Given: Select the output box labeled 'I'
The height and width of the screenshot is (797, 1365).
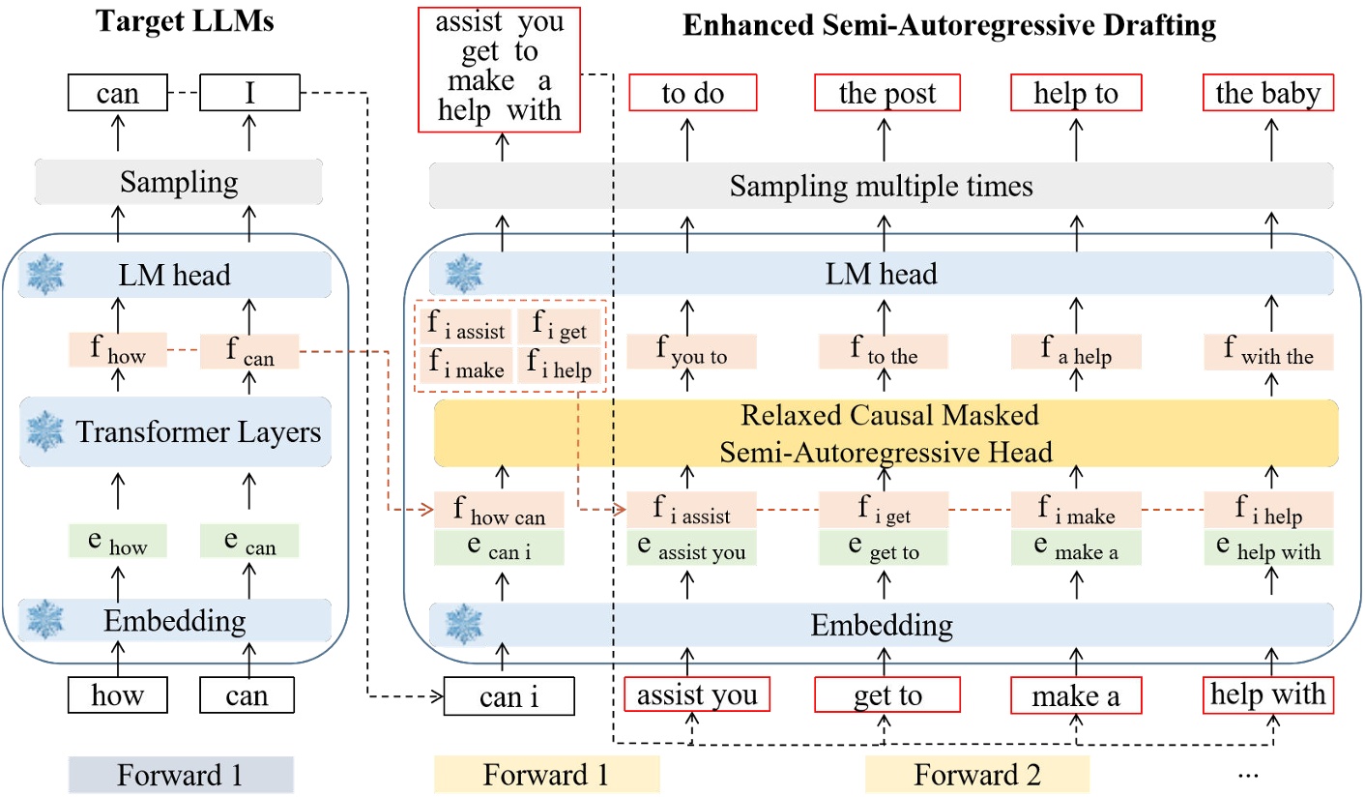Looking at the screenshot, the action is pyautogui.click(x=249, y=93).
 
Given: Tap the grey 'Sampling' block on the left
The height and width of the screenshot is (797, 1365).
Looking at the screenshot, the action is pyautogui.click(x=179, y=182).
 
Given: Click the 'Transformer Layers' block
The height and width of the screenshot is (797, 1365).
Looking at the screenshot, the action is pyautogui.click(x=176, y=431).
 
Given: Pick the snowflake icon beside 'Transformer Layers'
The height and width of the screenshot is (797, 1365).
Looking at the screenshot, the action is pyautogui.click(x=45, y=431).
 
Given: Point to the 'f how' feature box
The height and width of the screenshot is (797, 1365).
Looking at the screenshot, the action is pyautogui.click(x=118, y=350).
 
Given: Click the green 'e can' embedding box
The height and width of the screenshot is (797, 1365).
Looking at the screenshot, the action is pyautogui.click(x=249, y=542).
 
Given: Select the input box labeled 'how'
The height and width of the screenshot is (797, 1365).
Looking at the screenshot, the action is pyautogui.click(x=118, y=694).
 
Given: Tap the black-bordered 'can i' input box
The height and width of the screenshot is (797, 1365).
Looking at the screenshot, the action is pyautogui.click(x=508, y=695).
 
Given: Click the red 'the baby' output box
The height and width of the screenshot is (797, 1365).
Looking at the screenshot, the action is pyautogui.click(x=1268, y=93).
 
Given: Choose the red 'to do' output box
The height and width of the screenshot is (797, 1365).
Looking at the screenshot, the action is pyautogui.click(x=693, y=93).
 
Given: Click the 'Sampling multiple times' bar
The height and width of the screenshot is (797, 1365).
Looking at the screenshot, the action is pyautogui.click(x=881, y=186).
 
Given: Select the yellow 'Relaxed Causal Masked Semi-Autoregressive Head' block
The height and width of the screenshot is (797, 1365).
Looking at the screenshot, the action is pyautogui.click(x=886, y=433).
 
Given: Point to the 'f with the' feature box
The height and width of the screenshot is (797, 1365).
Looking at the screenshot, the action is pyautogui.click(x=1268, y=352).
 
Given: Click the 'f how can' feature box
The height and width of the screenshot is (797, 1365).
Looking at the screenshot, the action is pyautogui.click(x=499, y=510).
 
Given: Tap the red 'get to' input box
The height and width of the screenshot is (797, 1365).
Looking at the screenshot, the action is pyautogui.click(x=887, y=694).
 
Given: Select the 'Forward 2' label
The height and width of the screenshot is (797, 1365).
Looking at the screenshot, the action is pyautogui.click(x=976, y=775).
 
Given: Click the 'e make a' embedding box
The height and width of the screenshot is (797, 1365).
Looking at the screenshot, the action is pyautogui.click(x=1076, y=547).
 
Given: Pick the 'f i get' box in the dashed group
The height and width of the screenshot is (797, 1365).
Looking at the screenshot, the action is pyautogui.click(x=560, y=325).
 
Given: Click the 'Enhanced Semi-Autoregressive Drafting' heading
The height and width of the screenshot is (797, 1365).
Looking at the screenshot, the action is pyautogui.click(x=949, y=25).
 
